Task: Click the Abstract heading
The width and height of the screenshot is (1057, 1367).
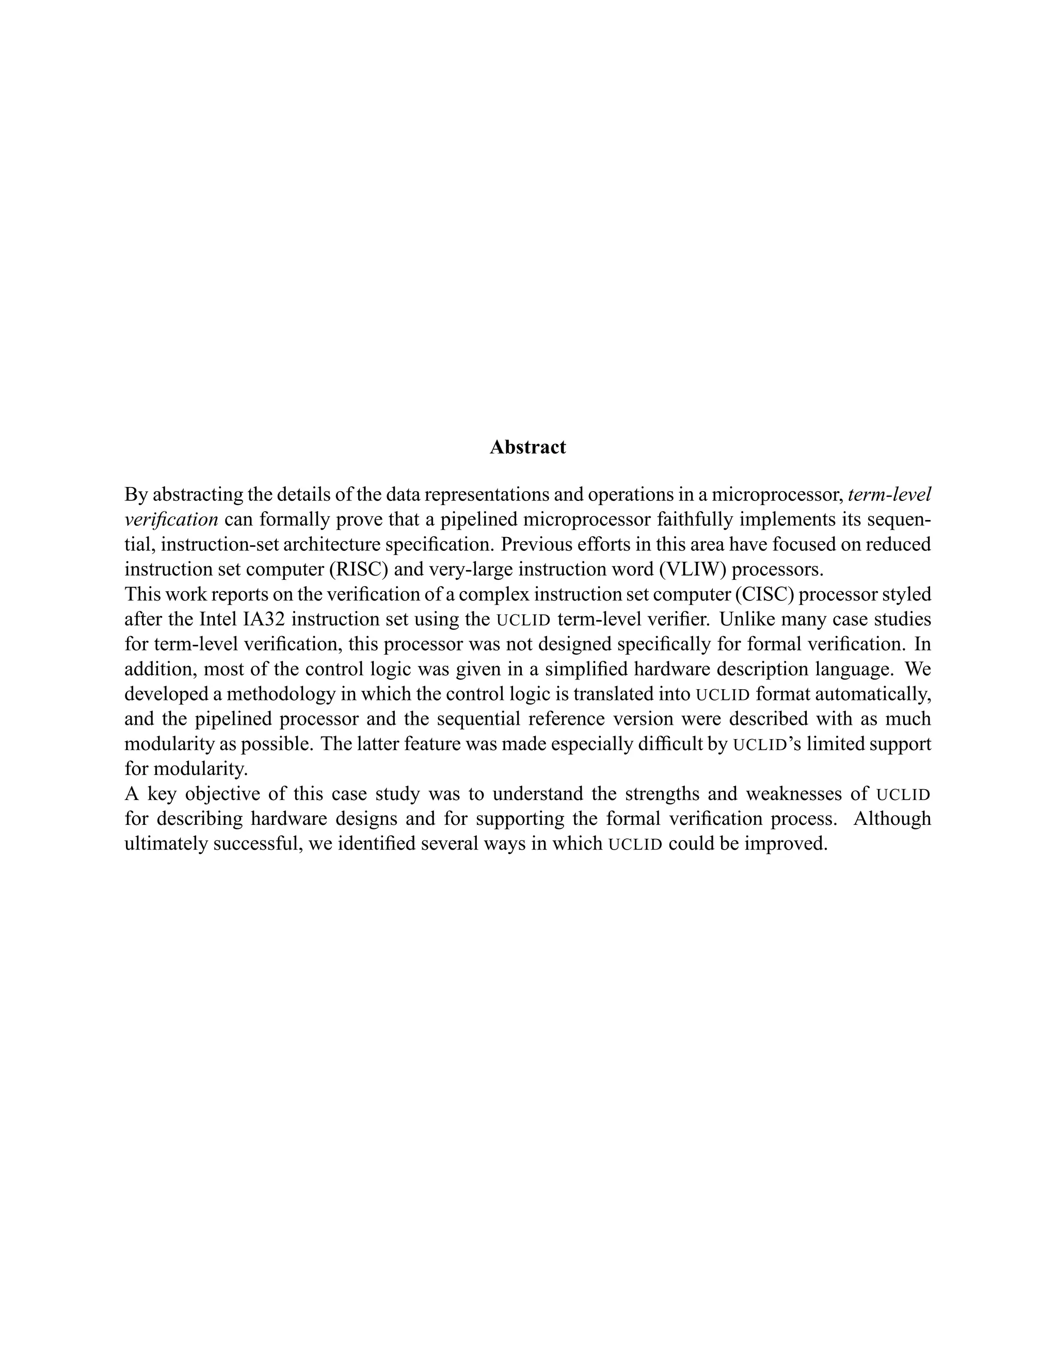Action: click(x=527, y=447)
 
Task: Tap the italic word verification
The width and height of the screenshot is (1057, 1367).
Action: click(x=171, y=519)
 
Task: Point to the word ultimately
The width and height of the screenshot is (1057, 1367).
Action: click(x=166, y=844)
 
